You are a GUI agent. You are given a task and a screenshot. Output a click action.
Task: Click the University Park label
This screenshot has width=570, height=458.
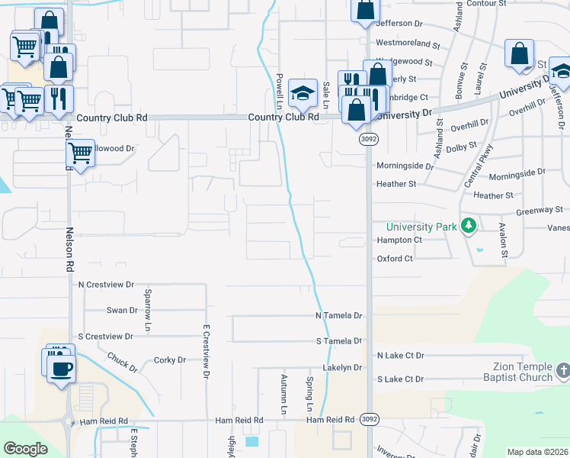pyautogui.click(x=421, y=227)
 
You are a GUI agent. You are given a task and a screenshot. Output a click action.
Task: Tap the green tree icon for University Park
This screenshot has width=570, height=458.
pyautogui.click(x=470, y=226)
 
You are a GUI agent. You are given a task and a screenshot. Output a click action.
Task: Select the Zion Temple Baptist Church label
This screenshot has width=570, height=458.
pyautogui.click(x=517, y=372)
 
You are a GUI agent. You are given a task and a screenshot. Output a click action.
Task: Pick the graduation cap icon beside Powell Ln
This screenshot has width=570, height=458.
pyautogui.click(x=303, y=93)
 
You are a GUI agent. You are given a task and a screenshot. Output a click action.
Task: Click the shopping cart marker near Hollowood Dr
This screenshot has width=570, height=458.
pyautogui.click(x=80, y=153)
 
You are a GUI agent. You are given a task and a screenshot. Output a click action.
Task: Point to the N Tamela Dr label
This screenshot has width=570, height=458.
pyautogui.click(x=339, y=315)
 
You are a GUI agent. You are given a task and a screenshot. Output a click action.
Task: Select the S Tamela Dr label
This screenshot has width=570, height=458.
pyautogui.click(x=339, y=340)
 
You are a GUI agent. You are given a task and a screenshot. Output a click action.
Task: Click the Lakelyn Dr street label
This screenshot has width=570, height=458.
pyautogui.click(x=341, y=367)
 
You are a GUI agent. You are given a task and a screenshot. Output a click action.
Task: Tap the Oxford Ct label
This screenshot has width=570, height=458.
pyautogui.click(x=395, y=259)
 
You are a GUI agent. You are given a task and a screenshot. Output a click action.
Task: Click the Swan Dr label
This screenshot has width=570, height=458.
pyautogui.click(x=122, y=311)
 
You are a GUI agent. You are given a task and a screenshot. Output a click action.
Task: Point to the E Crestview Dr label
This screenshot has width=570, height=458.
pyautogui.click(x=206, y=351)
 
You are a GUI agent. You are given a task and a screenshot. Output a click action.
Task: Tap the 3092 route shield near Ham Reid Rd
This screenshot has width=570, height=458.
pyautogui.click(x=369, y=419)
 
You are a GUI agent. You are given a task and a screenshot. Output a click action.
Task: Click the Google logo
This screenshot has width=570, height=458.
pyautogui.click(x=26, y=448)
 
